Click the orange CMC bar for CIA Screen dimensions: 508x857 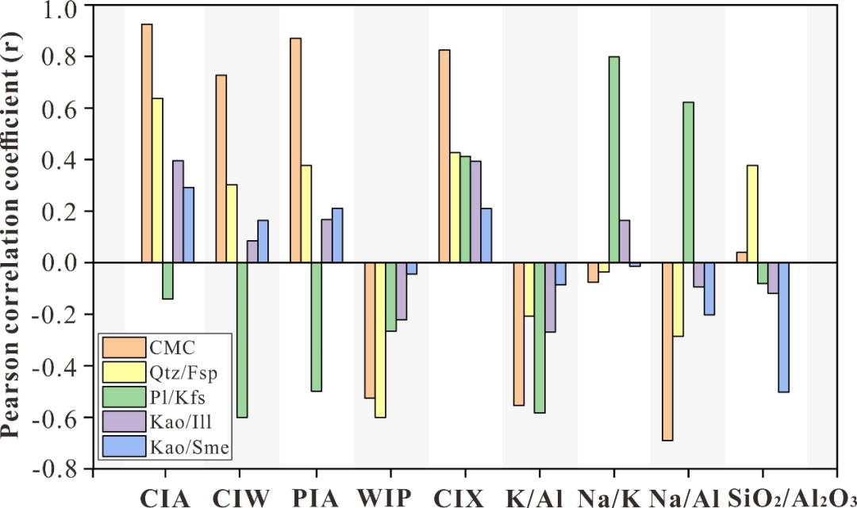point(147,143)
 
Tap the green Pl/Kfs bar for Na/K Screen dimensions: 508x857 point(614,159)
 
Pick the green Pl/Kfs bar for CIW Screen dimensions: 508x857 point(242,340)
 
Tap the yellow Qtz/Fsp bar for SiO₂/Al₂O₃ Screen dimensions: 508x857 point(752,214)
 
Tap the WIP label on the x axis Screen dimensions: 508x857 point(385,497)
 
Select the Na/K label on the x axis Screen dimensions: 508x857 point(608,497)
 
